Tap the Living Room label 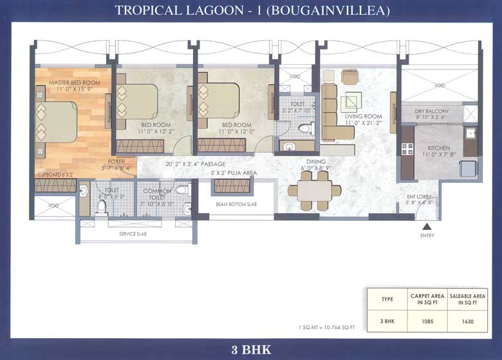tap(364, 117)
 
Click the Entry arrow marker tap(425, 226)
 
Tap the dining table tap(315, 189)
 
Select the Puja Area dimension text tap(232, 173)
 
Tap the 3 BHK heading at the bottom tap(251, 350)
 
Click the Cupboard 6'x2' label tap(55, 174)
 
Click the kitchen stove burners tap(407, 149)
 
